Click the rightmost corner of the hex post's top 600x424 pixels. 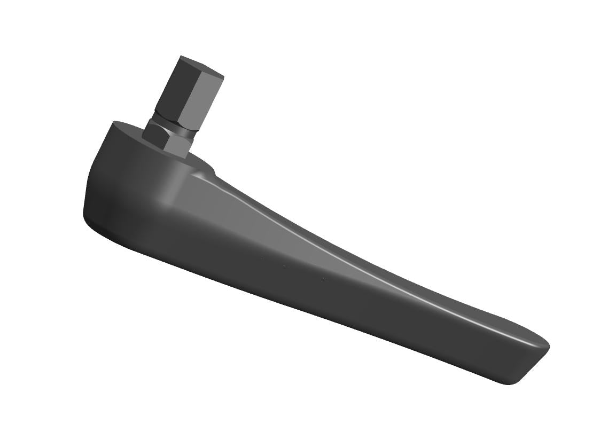pyautogui.click(x=223, y=77)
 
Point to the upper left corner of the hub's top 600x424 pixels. pyautogui.click(x=113, y=123)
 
